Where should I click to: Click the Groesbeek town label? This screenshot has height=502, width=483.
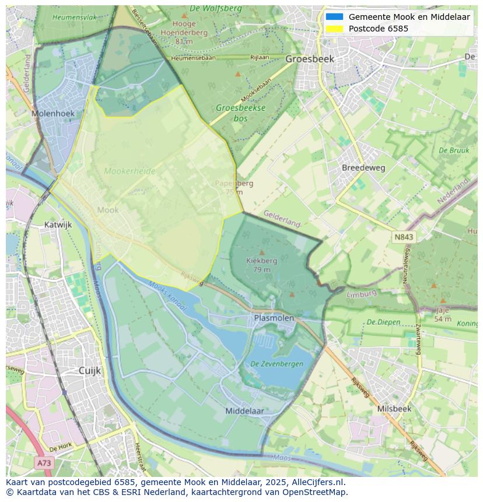309,59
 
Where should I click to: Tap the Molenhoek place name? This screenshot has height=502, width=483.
52,114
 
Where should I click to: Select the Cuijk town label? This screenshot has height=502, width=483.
90,371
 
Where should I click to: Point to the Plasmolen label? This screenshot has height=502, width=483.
274,318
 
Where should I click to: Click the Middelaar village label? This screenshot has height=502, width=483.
244,410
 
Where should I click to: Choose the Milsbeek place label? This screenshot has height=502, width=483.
394,409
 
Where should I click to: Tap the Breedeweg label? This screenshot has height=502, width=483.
363,167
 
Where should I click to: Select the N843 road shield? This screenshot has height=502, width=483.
403,237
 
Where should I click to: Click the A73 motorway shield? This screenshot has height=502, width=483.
44,463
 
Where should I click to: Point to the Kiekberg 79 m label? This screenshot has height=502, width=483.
262,265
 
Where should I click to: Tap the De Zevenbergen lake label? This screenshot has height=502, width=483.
276,364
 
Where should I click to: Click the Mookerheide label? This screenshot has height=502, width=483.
129,171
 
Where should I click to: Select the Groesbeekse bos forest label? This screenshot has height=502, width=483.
240,113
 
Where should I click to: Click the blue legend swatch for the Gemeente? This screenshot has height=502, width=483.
334,17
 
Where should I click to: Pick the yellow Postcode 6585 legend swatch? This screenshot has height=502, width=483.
334,29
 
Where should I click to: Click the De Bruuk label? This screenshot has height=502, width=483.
454,150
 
